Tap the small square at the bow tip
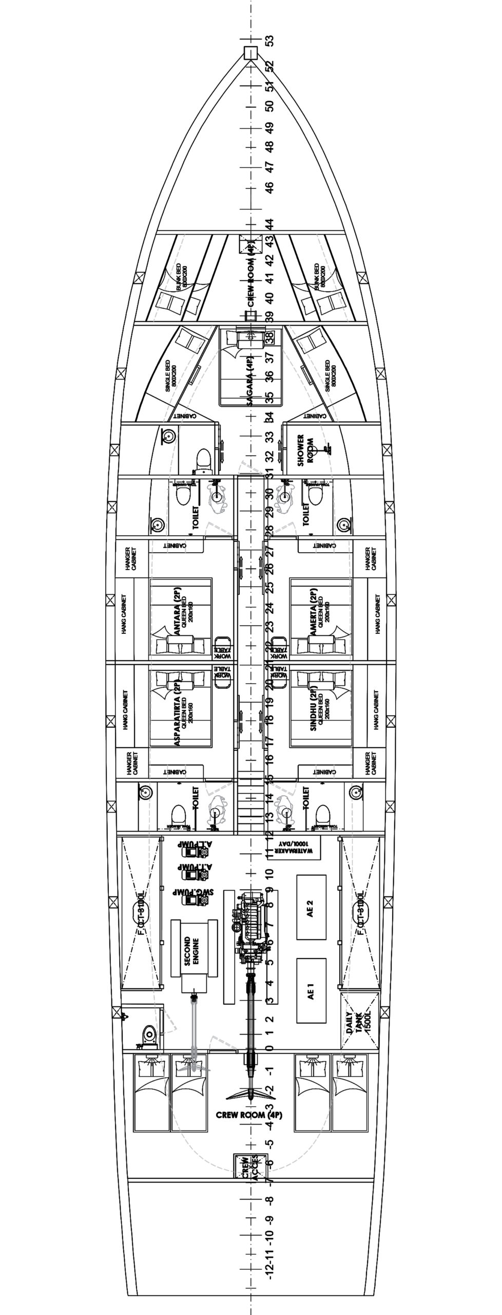pyautogui.click(x=250, y=52)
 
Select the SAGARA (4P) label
pyautogui.click(x=250, y=373)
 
